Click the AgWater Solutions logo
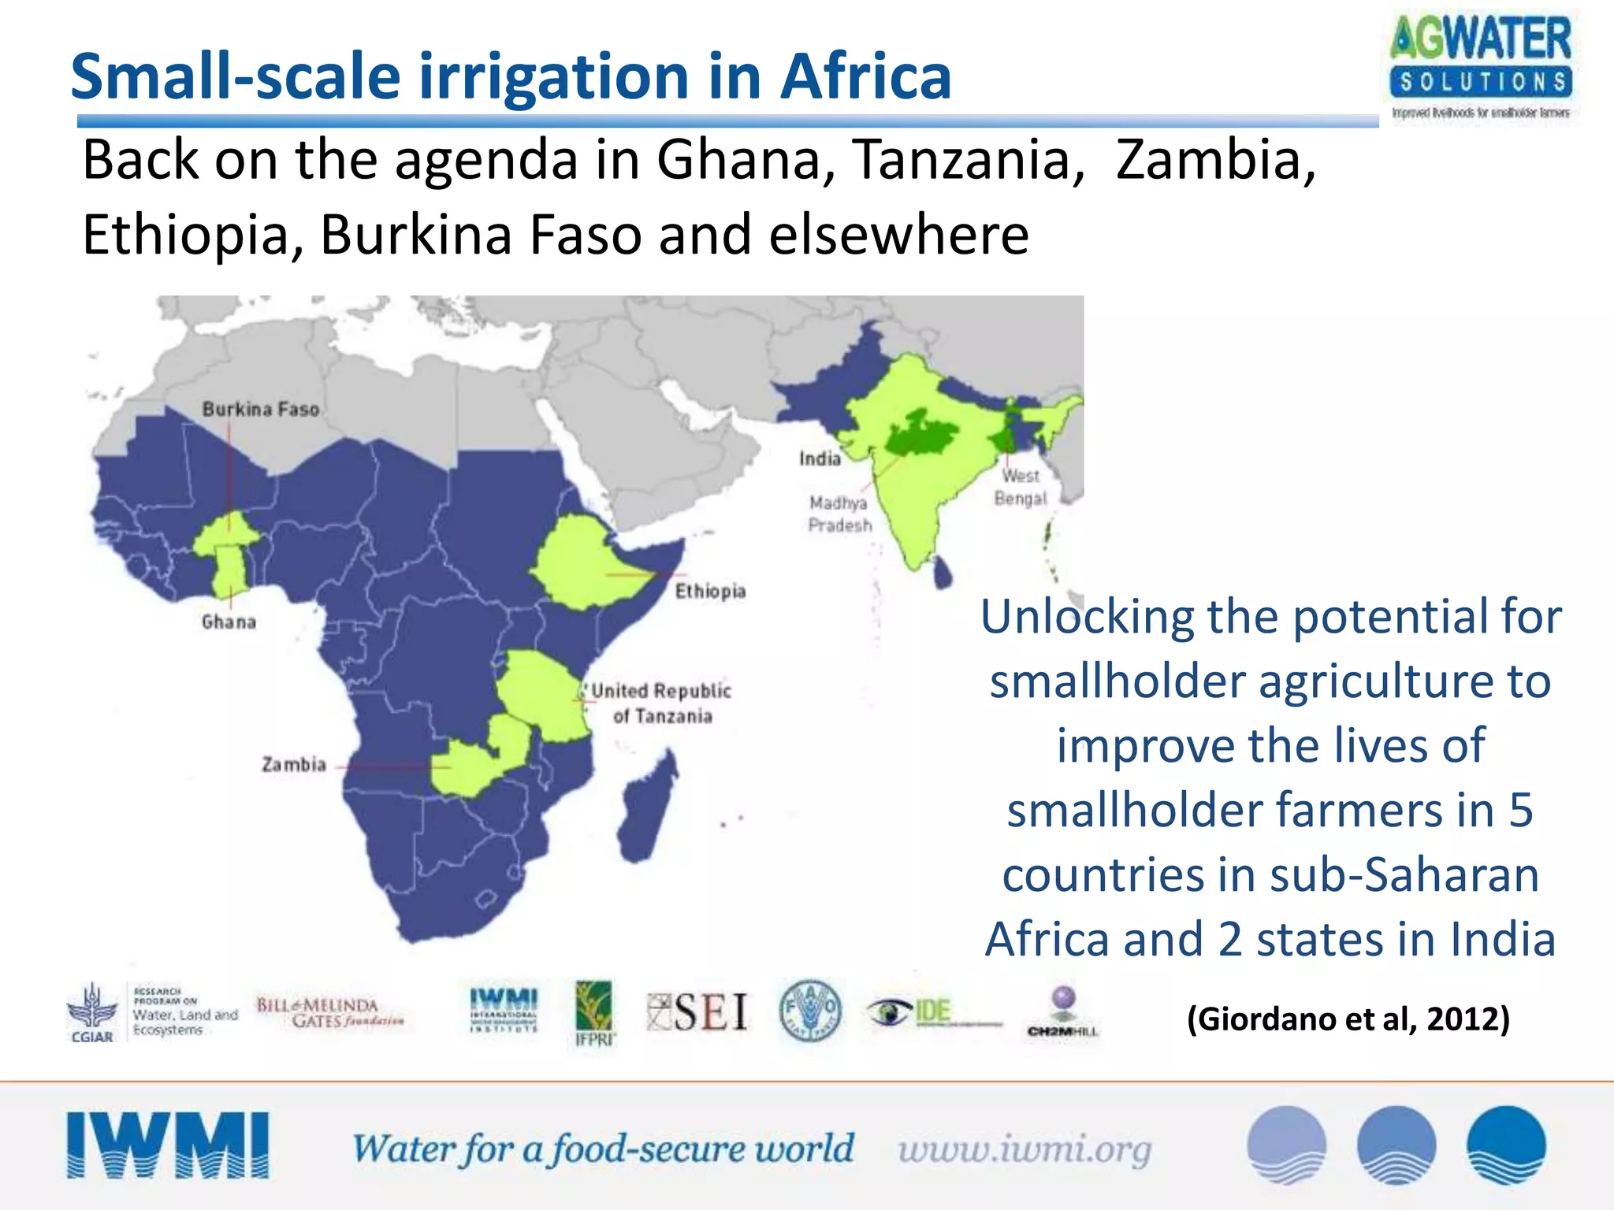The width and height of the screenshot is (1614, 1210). tap(1481, 68)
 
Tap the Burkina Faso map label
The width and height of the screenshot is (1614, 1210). tap(261, 409)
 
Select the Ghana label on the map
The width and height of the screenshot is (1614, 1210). tap(229, 622)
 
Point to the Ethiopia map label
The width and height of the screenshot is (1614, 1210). tap(710, 591)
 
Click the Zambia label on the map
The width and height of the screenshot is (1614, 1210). tap(294, 764)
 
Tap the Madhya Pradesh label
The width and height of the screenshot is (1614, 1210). tap(840, 514)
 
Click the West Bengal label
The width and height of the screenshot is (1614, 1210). tap(1021, 487)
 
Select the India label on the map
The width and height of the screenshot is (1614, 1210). tap(820, 458)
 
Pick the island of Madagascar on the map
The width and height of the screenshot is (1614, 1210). tap(648, 811)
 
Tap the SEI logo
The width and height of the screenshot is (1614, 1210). tap(697, 1012)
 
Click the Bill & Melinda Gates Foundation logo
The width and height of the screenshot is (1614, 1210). tap(329, 1013)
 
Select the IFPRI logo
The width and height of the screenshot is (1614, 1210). tap(594, 1013)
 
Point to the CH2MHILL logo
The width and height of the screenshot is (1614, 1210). tap(1062, 1013)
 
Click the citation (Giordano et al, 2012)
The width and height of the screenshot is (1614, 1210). tap(1348, 1019)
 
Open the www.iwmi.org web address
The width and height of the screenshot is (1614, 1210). tap(1025, 1149)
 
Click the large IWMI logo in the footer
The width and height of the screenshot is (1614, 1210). tap(168, 1145)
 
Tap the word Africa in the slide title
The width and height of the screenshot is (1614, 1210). tap(865, 76)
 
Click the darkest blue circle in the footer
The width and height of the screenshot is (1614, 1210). tap(1505, 1145)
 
